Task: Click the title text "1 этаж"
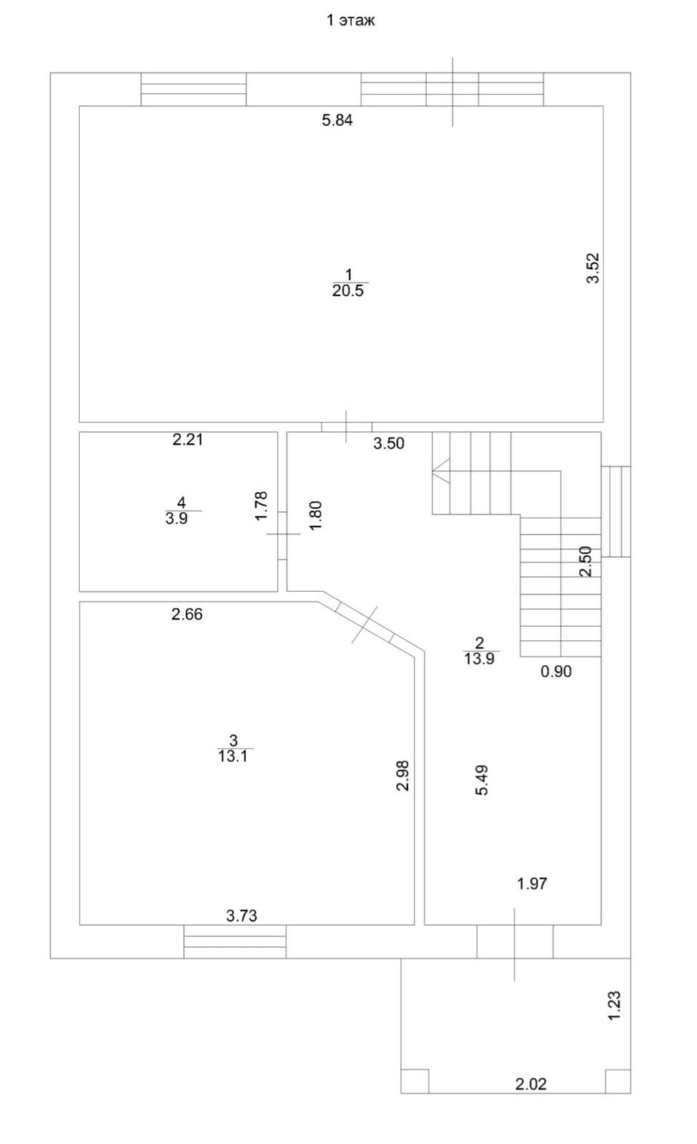(351, 21)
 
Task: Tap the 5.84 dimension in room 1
(337, 120)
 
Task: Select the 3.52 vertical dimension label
(593, 268)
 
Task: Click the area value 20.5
(348, 290)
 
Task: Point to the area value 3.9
(177, 518)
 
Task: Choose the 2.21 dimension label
(187, 439)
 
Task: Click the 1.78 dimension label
(261, 506)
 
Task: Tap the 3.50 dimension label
(389, 443)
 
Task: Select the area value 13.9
(479, 659)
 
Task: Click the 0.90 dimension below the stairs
(556, 671)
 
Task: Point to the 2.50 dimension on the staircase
(585, 561)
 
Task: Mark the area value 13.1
(233, 756)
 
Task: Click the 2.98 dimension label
(403, 776)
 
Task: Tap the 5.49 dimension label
(482, 780)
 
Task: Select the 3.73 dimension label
(242, 915)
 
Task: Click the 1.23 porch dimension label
(614, 1005)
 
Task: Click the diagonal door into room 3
(365, 625)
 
